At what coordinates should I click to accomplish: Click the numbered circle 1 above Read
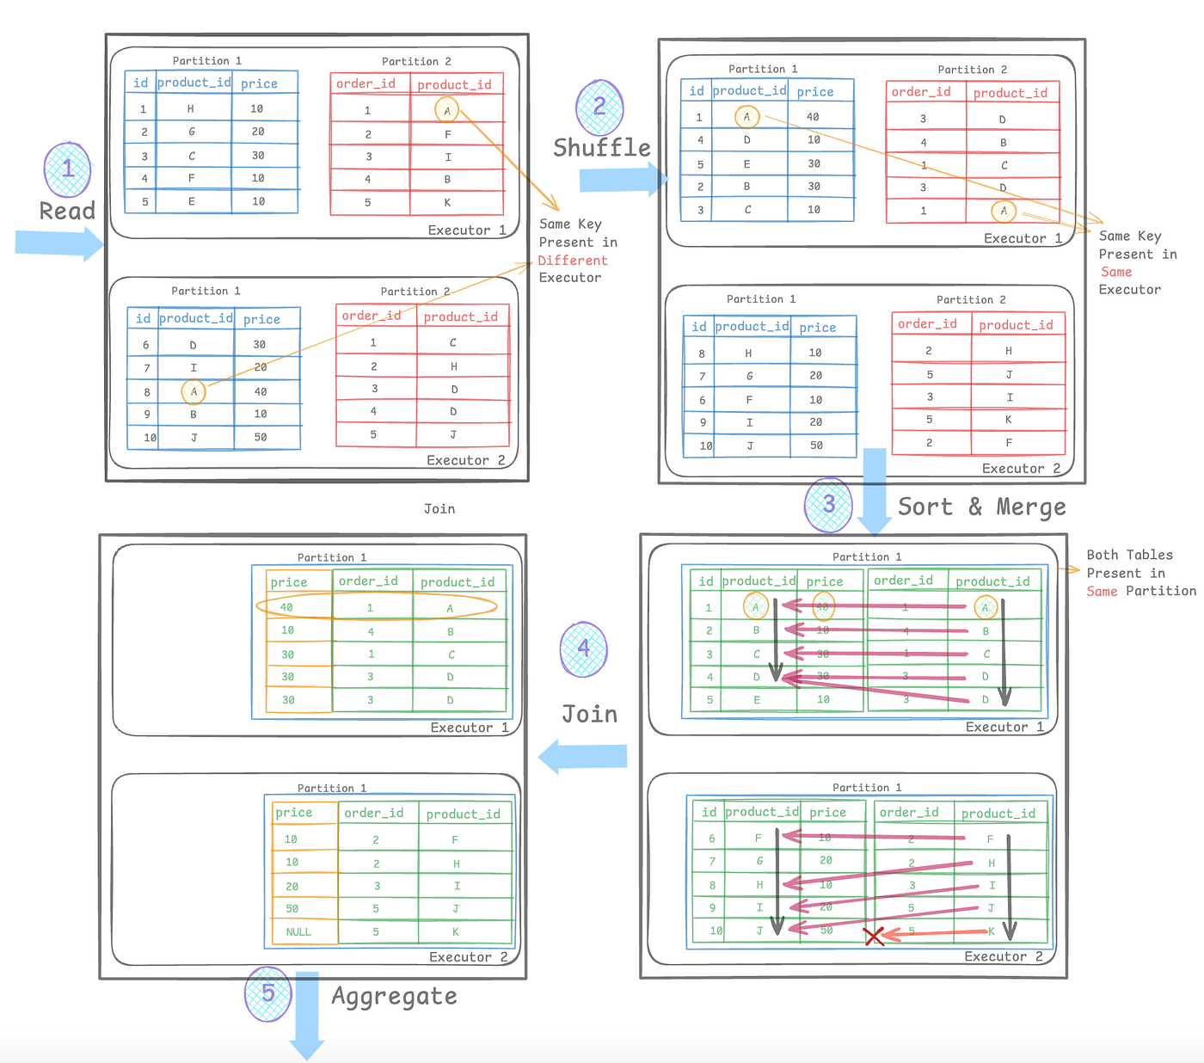click(68, 169)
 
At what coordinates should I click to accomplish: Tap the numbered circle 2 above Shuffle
click(599, 107)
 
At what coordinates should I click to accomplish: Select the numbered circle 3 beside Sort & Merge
click(828, 504)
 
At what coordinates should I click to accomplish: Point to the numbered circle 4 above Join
click(584, 648)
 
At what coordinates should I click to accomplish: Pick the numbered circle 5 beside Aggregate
click(268, 993)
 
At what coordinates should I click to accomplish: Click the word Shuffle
click(602, 148)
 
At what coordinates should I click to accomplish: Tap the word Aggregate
click(395, 996)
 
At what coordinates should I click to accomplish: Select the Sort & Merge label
click(981, 507)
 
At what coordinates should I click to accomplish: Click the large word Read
click(67, 211)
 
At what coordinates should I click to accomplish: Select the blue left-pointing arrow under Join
click(582, 756)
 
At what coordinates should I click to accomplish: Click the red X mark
click(874, 936)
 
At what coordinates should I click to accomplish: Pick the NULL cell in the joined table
click(298, 931)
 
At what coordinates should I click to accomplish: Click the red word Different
click(573, 261)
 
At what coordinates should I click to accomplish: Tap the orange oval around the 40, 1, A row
click(377, 606)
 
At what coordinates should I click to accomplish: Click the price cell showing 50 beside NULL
click(292, 908)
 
